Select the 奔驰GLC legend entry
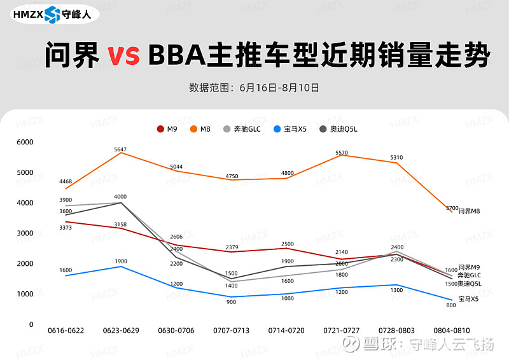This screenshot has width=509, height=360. click(242, 129)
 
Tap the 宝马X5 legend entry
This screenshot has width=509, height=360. click(290, 129)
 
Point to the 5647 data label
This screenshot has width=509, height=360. click(120, 149)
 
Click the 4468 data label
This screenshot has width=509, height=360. click(66, 182)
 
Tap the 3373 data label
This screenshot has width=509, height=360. click(66, 228)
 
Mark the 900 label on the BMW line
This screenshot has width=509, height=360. click(231, 302)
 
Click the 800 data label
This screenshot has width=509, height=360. click(450, 305)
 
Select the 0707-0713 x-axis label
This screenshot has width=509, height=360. click(230, 331)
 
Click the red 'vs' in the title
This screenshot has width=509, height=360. click(123, 56)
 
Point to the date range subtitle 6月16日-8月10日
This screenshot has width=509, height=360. click(279, 87)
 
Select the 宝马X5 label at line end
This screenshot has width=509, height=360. click(468, 298)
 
